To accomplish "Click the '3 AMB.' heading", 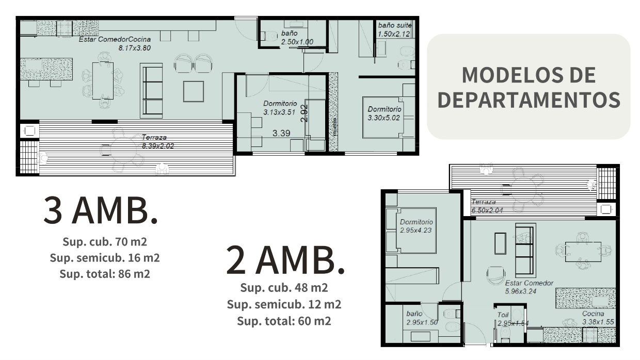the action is point(101,210).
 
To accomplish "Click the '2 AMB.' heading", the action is point(285,260).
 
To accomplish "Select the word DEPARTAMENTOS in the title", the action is point(529,100).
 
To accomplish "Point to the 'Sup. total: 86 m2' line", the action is point(105,274).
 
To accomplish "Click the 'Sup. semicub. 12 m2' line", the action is point(284,304).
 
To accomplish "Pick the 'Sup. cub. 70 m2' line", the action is point(105,242).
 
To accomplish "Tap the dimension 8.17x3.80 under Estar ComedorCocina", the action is point(135,48).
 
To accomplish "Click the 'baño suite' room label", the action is point(395,25).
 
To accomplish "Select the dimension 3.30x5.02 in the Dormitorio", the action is point(383,118).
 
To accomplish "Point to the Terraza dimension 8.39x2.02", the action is point(158,146).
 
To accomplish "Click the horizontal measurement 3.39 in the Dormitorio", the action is point(281,133).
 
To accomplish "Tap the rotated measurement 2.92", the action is point(305,113).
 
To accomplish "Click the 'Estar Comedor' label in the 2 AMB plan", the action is point(529,283).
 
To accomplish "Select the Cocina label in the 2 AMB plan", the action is point(593,314).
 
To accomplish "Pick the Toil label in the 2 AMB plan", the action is point(503,315).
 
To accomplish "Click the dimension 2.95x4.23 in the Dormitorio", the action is point(415,230).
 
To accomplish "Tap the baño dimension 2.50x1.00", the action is point(297,42).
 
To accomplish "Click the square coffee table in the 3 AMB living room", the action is point(194,91).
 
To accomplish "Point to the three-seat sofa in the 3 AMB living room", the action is point(151,91).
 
